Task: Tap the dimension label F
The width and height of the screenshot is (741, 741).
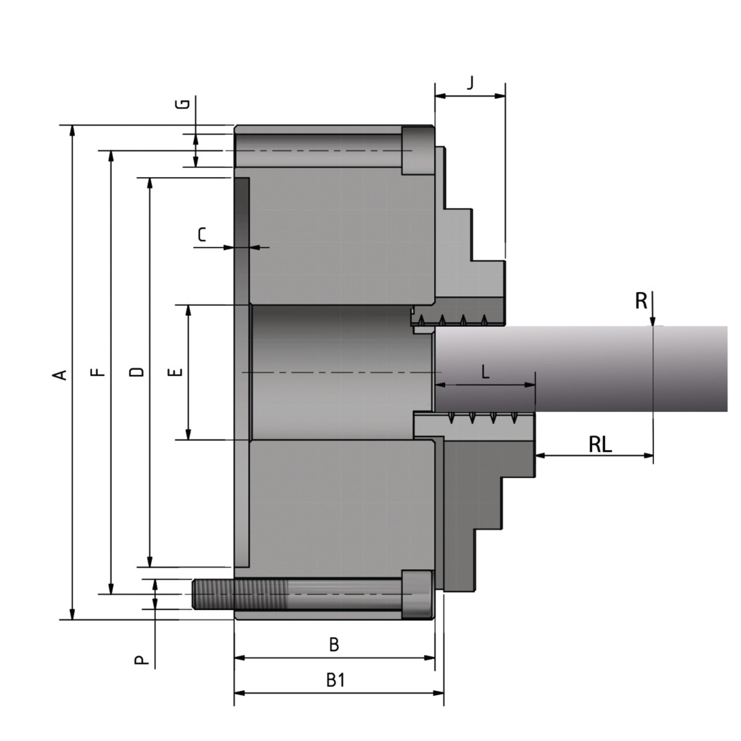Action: click(x=100, y=372)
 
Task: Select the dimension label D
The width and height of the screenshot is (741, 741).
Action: click(x=137, y=372)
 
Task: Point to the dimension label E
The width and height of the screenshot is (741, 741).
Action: click(x=176, y=372)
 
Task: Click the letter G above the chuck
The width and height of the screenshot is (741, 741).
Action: click(x=186, y=104)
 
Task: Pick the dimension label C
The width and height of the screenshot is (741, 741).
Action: click(x=202, y=235)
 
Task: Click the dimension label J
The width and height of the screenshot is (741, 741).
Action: click(x=470, y=83)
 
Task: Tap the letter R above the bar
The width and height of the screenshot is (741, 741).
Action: click(x=641, y=301)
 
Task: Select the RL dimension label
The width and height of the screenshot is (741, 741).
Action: click(x=600, y=445)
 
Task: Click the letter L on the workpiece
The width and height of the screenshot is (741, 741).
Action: click(x=486, y=372)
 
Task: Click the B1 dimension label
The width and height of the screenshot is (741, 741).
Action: click(x=335, y=680)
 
